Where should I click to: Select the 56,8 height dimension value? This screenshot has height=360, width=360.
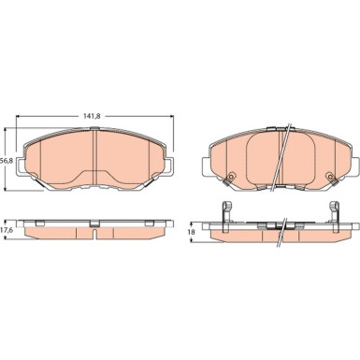tap(7, 160)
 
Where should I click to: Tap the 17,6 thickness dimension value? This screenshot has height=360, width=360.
tap(7, 229)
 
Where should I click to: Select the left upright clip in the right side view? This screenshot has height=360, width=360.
tap(224, 211)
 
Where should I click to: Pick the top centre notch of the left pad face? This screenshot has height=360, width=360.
tap(96, 129)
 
